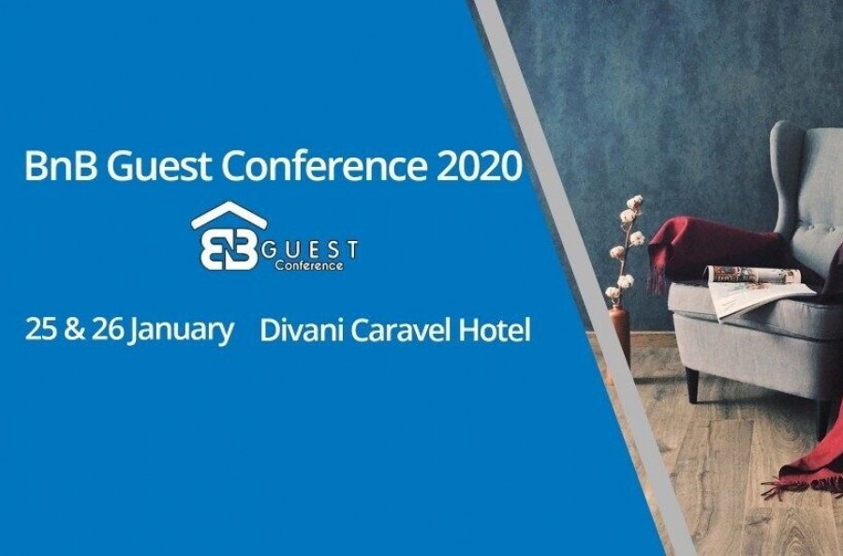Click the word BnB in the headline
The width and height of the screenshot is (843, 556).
coord(61,165)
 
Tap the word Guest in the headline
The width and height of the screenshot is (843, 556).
coord(162,166)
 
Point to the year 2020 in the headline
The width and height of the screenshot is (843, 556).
coord(479,166)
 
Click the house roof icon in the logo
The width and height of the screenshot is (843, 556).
coord(229,216)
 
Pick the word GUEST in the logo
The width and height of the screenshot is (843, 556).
coord(311,249)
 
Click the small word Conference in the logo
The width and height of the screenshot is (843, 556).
coord(308,264)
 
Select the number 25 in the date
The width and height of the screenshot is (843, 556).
coord(41,329)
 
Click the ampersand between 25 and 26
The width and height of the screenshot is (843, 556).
coord(74,329)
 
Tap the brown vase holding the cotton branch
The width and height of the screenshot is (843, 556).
coord(619,334)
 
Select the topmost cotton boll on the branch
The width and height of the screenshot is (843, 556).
coord(634,203)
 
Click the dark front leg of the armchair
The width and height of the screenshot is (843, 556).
coord(692,384)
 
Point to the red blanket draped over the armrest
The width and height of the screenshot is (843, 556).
coord(710,245)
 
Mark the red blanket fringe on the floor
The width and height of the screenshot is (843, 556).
coord(802,482)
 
